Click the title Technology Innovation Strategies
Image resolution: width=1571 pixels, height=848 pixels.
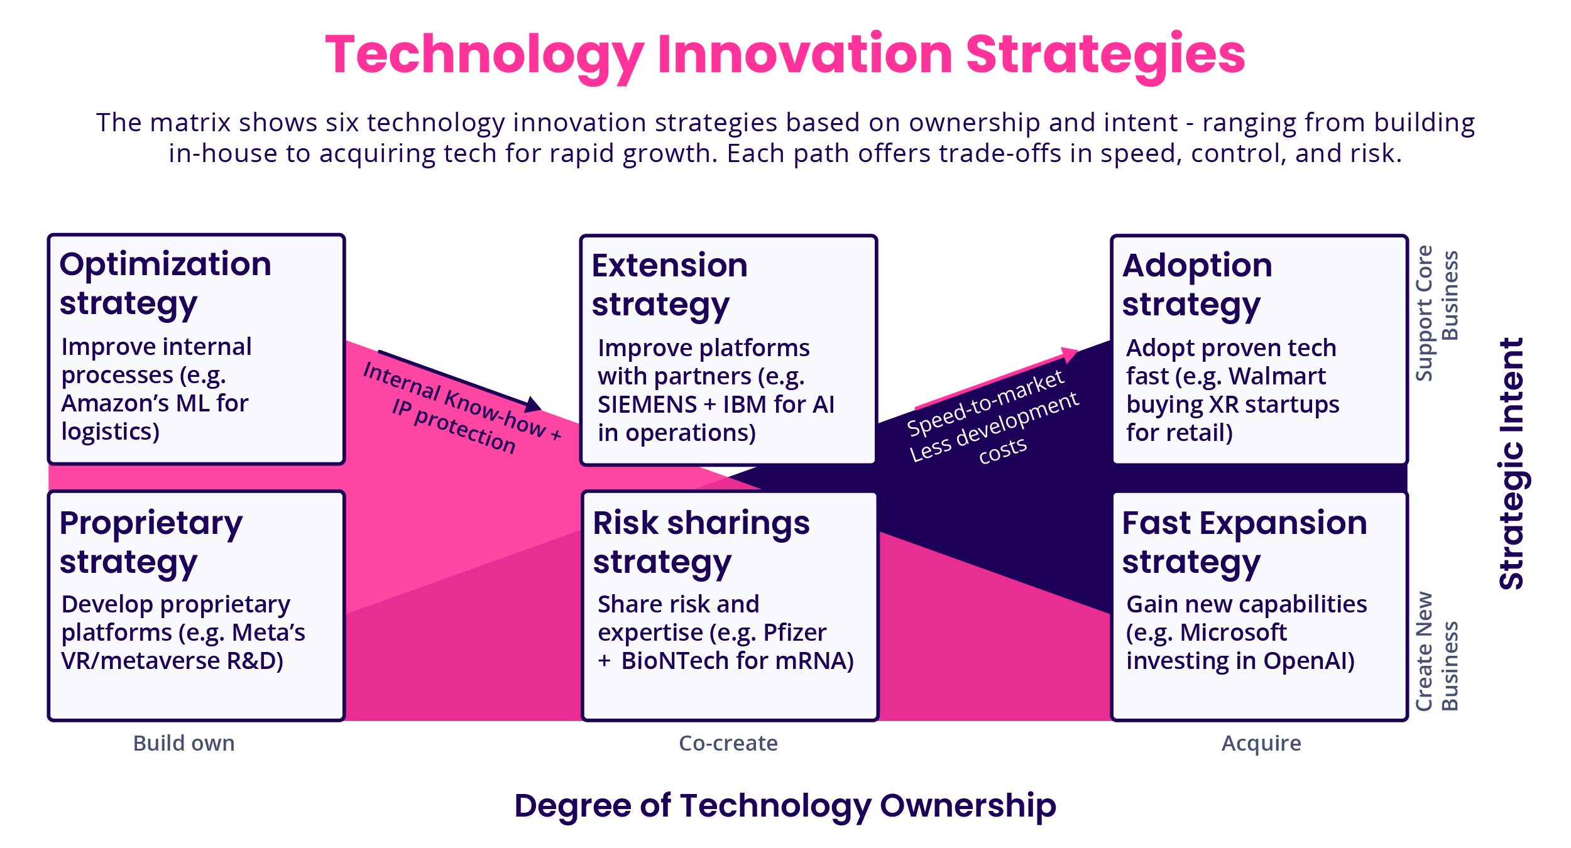click(785, 55)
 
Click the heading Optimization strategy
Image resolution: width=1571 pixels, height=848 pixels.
click(165, 283)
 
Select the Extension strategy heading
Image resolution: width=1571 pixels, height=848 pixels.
click(669, 285)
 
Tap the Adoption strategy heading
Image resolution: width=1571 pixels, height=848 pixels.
click(1196, 285)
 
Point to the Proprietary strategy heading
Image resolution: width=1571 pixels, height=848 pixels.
click(151, 542)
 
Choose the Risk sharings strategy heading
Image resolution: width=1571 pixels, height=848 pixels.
click(701, 542)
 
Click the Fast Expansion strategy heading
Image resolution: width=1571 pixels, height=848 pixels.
click(1244, 542)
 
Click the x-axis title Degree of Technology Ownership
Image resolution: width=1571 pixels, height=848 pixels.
click(785, 805)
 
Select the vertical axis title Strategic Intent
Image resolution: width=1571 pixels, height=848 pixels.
click(1513, 464)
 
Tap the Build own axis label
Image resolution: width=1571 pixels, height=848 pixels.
click(183, 743)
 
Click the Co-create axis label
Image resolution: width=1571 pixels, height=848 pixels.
click(728, 743)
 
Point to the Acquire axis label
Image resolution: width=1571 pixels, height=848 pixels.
click(1261, 743)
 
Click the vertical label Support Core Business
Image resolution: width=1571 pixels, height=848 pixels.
click(1437, 313)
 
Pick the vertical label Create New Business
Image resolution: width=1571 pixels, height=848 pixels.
click(1437, 651)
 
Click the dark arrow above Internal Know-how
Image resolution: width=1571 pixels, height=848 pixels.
click(459, 379)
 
